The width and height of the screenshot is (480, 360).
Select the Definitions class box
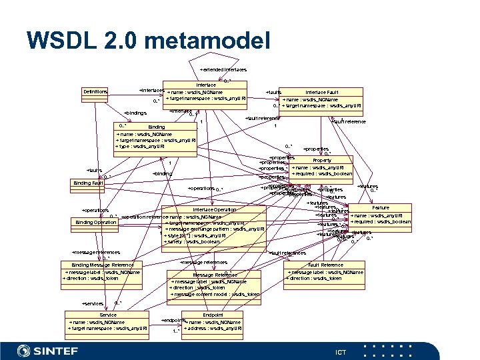[x=95, y=91]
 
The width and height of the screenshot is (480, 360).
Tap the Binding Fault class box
[x=89, y=183]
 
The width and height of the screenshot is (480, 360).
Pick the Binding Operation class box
[x=96, y=222]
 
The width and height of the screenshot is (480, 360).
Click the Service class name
[x=108, y=315]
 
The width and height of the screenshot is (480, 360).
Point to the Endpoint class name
[x=213, y=315]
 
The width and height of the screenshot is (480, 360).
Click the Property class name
[x=322, y=161]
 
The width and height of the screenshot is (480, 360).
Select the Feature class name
[x=381, y=208]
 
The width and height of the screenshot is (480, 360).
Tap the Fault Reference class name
[x=326, y=265]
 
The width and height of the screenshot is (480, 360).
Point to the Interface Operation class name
[x=214, y=210]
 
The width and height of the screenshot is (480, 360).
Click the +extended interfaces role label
[x=223, y=69]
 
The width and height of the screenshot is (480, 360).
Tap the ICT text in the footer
[x=341, y=351]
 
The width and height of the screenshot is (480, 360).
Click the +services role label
[x=93, y=303]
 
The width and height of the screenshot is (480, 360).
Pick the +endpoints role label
[x=173, y=321]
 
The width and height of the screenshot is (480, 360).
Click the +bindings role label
[x=135, y=113]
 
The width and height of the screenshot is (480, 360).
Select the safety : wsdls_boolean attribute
[x=193, y=241]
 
